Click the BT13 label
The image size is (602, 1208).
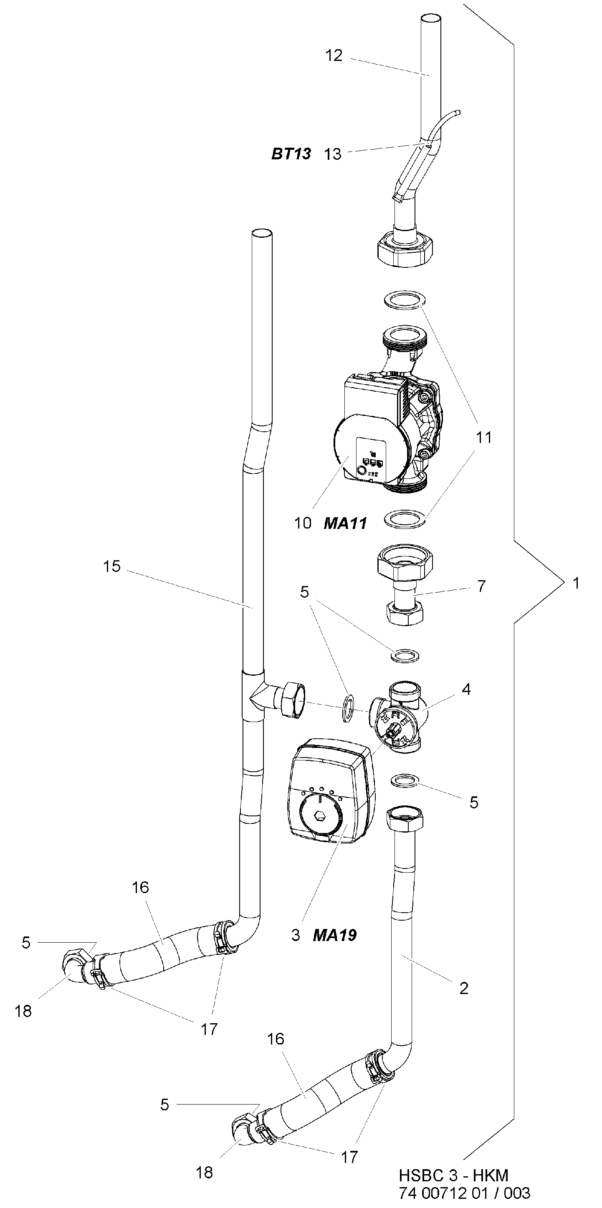tap(291, 154)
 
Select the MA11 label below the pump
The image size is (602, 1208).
tap(345, 523)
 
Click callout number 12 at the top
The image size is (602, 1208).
tap(334, 55)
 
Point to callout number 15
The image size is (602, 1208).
tap(111, 566)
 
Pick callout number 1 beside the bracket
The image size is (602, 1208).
tap(576, 584)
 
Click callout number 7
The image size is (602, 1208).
tap(481, 586)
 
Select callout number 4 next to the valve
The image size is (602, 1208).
tap(466, 690)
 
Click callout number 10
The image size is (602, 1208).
tap(303, 523)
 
